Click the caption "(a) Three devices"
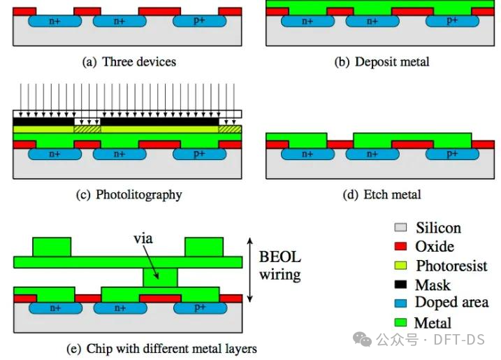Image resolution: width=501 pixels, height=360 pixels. (x=129, y=62)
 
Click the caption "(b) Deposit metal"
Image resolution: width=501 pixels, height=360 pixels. (x=382, y=62)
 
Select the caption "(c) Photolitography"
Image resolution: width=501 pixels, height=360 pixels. (x=129, y=195)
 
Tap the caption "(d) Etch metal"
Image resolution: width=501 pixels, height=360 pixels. (x=382, y=194)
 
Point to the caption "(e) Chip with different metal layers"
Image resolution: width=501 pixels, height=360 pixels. (x=161, y=349)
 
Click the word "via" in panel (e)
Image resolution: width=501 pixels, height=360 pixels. (x=143, y=238)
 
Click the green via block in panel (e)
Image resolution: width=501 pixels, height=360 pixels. (x=160, y=278)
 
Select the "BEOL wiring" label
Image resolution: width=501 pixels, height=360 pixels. (x=280, y=266)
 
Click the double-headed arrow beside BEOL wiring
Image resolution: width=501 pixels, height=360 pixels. (x=250, y=270)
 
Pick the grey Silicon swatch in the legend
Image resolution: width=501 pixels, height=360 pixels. (x=400, y=227)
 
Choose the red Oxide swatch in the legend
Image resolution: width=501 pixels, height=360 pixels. (x=400, y=246)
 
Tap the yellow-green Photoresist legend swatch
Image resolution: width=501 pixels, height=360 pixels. (x=400, y=266)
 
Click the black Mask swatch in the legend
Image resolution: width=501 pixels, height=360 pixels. (x=400, y=285)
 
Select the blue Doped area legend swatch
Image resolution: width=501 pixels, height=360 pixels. (x=400, y=303)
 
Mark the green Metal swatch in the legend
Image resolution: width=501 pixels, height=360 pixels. (x=400, y=322)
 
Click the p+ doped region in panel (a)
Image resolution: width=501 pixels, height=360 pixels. (x=200, y=21)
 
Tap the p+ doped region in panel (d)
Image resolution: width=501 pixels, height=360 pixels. (x=452, y=154)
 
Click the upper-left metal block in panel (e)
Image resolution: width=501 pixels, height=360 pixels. (x=52, y=247)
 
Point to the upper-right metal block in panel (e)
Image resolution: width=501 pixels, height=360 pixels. (x=204, y=247)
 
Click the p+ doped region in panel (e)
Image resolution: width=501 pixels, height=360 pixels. (x=201, y=308)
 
